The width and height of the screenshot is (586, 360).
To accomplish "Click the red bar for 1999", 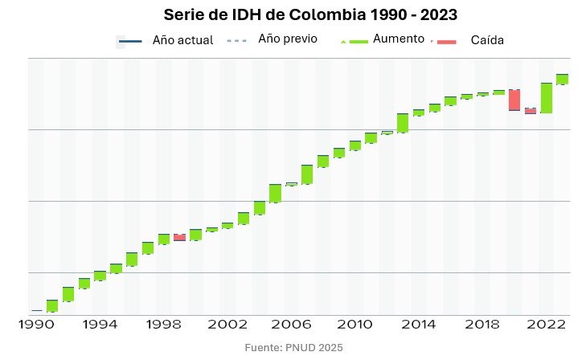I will point(179,237).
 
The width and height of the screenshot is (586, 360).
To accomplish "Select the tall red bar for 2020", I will point(514,100).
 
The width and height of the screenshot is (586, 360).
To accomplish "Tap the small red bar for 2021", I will point(531,111).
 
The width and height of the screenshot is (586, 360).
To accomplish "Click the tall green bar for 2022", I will point(547,97).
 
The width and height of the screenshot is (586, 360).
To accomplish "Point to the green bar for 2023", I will point(562,79).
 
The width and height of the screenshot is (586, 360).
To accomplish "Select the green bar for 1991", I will point(52,305).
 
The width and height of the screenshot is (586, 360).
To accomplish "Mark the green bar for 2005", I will point(275,193).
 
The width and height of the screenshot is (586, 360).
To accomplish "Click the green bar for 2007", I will point(307,174).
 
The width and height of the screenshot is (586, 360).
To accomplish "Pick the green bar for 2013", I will point(403,123).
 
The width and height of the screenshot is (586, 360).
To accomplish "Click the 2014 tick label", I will point(417,325).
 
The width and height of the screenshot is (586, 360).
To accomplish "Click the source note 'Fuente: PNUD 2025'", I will point(293,347).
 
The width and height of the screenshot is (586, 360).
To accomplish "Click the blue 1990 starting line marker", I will point(37,310).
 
